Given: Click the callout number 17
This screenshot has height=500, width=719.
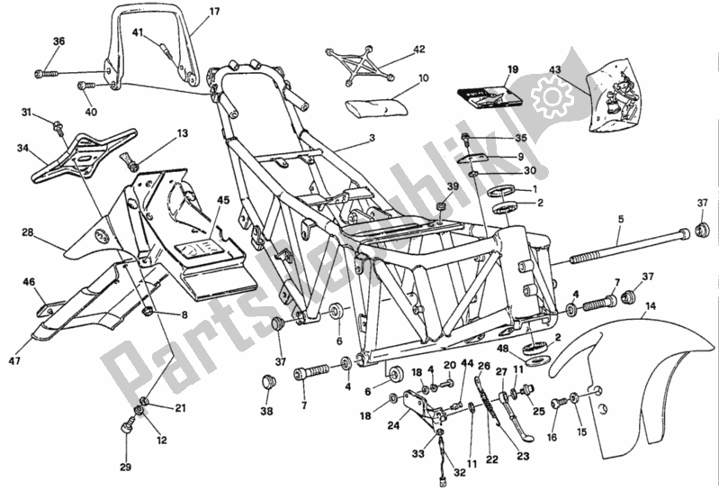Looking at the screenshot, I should pyautogui.click(x=214, y=12).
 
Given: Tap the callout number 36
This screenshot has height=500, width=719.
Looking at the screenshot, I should pyautogui.click(x=58, y=41).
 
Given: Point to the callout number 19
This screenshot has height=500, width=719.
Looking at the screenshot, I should pyautogui.click(x=513, y=69).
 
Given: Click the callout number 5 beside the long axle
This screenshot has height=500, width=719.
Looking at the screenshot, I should pyautogui.click(x=619, y=219).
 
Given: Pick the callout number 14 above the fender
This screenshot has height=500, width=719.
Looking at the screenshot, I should pyautogui.click(x=650, y=307).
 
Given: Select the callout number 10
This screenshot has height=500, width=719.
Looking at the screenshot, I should pyautogui.click(x=423, y=78).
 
